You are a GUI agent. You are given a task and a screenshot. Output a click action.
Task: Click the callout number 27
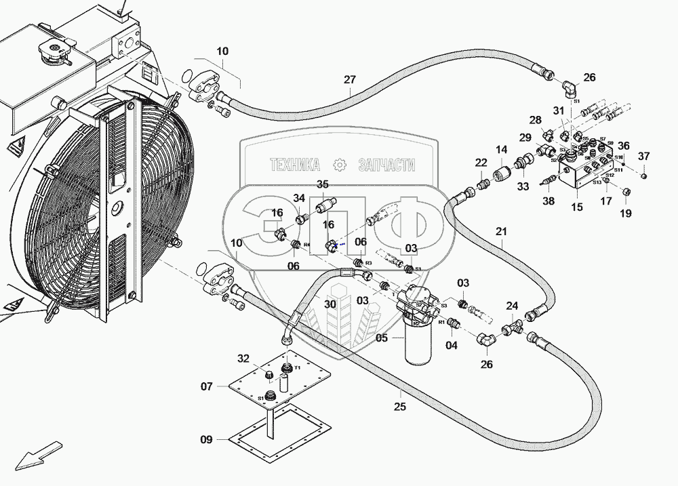pos(349,79)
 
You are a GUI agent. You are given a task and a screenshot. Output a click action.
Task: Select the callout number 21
pos(501,231)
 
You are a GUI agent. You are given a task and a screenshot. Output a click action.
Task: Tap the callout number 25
pos(400,407)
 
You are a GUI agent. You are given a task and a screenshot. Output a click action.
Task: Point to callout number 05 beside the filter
pos(382,338)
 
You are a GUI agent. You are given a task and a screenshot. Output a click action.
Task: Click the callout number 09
pos(205,440)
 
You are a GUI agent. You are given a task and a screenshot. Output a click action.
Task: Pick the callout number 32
pos(243,359)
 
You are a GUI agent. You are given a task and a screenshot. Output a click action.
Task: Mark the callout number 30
pos(330,304)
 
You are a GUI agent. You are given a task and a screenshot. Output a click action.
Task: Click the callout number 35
pos(323,184)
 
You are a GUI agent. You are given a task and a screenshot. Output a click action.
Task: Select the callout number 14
pos(501,150)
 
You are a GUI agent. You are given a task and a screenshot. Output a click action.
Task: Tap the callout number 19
pos(625,213)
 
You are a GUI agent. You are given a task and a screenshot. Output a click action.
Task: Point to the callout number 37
pos(643,158)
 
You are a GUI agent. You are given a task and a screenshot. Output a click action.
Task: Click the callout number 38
pos(549,201)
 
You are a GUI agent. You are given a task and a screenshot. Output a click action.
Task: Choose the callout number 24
pos(512,306)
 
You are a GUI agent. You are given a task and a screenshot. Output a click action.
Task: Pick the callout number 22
pos(481,163)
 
